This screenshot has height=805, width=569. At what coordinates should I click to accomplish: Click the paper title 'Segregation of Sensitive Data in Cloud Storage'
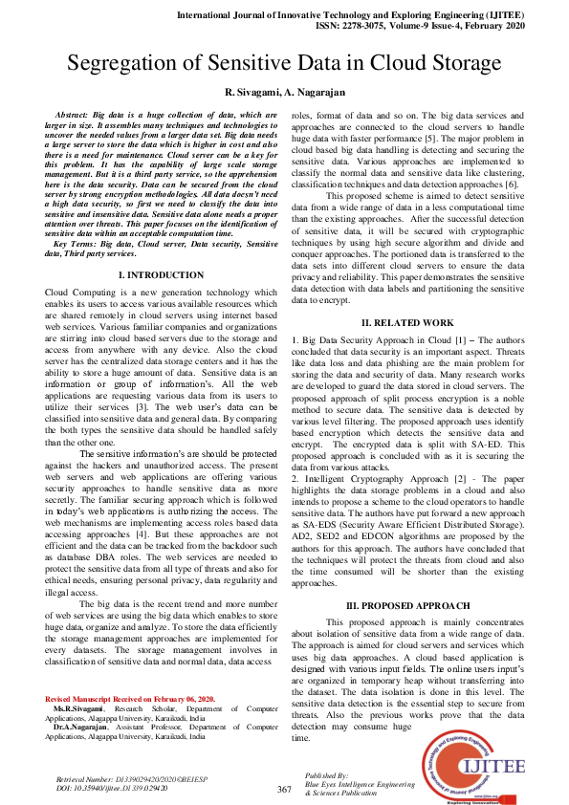pyautogui.click(x=284, y=65)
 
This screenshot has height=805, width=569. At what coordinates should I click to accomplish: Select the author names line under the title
pyautogui.click(x=284, y=93)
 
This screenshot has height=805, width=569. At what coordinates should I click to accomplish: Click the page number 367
pyautogui.click(x=283, y=789)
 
